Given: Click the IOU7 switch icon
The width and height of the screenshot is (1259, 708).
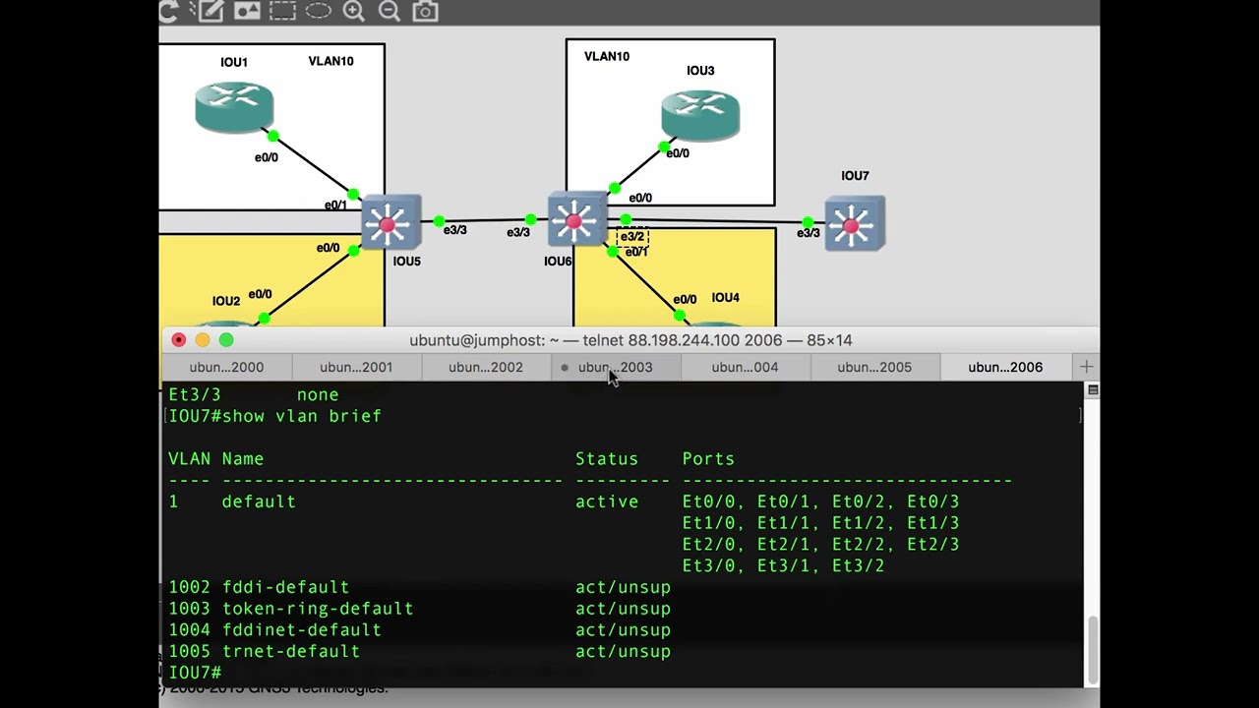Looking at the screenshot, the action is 855,223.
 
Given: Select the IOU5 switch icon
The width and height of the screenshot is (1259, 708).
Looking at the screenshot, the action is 391,222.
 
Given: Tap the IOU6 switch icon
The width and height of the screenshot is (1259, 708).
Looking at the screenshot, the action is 577,218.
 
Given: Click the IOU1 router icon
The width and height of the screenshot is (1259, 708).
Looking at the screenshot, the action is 234,107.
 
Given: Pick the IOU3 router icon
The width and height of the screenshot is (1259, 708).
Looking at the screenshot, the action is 700,115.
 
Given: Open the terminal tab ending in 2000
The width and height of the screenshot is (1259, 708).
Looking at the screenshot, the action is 226,367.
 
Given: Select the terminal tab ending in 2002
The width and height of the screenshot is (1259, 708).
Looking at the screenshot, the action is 486,367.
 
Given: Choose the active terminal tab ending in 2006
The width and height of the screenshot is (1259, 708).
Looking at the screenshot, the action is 1005,367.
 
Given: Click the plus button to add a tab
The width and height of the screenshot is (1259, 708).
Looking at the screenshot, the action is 1086,367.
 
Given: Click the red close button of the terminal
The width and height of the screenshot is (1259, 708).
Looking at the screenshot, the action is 179,340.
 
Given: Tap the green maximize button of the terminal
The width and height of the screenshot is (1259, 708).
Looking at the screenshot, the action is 226,340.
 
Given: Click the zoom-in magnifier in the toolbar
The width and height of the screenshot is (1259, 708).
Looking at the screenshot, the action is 353,11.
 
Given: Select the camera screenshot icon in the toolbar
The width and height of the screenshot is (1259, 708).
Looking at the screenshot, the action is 425,11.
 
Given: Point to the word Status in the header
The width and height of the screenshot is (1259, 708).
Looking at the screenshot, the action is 607,459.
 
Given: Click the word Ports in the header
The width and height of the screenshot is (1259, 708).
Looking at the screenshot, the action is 708,459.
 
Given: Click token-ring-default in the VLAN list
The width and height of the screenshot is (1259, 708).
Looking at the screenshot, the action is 318,609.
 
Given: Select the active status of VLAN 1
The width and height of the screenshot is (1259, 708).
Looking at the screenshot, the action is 607,501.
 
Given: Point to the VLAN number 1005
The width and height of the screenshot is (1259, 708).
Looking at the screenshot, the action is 190,651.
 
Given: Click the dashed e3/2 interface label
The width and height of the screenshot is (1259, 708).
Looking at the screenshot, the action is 632,237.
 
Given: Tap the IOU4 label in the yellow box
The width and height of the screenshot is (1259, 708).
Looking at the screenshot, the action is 725,297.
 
